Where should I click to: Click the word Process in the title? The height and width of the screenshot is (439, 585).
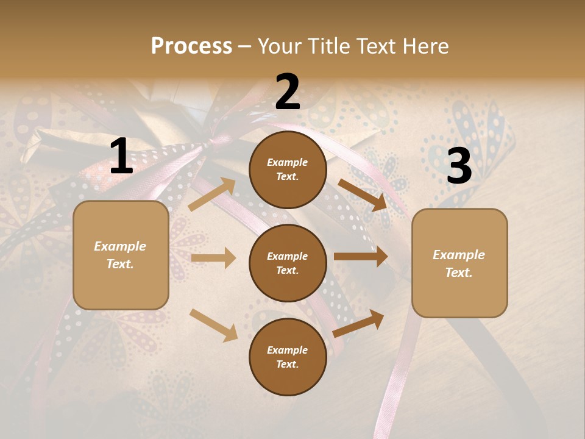click(191, 46)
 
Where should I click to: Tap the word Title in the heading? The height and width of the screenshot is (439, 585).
click(328, 46)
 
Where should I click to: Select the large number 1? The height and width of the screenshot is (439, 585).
click(121, 157)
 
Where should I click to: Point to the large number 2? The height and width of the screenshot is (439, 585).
click(288, 92)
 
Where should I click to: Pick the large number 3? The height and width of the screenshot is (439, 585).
click(459, 166)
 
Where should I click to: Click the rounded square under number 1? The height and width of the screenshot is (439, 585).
click(121, 255)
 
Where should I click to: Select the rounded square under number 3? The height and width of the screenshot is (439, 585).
click(459, 263)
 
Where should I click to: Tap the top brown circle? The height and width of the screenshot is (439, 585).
click(288, 170)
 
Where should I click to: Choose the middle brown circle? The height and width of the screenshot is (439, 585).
click(288, 263)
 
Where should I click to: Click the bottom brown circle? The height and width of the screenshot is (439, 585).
click(288, 357)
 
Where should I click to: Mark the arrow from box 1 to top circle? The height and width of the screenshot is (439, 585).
click(212, 194)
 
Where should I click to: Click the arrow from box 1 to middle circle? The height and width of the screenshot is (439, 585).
click(213, 258)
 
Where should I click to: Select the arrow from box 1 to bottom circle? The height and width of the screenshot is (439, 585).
click(213, 324)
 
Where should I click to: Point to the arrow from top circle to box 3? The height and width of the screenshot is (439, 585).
click(363, 195)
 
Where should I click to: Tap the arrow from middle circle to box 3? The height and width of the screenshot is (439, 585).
click(361, 257)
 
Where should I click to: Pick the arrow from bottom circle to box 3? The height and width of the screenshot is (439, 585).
click(358, 324)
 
